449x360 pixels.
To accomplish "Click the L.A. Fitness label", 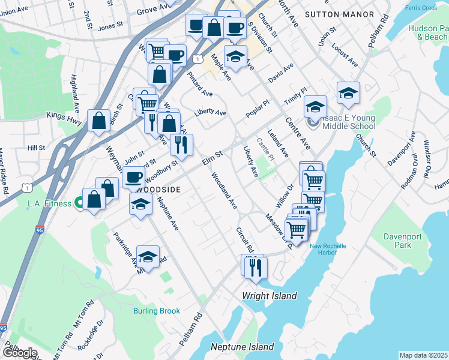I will [x=49, y=204].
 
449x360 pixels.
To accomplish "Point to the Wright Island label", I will [x=269, y=296].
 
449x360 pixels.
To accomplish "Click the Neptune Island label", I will [x=242, y=347].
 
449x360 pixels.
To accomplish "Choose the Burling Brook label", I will [x=157, y=311].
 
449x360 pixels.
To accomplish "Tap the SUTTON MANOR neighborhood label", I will [x=339, y=14].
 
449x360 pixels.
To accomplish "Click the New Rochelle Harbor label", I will [x=331, y=249].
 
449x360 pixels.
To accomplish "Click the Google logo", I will [x=19, y=352].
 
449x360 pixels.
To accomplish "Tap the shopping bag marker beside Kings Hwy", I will [x=98, y=120].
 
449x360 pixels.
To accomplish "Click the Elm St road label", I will [x=212, y=158].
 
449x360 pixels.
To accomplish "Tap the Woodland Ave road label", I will [x=224, y=191].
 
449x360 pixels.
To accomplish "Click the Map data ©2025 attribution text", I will [x=423, y=355].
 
